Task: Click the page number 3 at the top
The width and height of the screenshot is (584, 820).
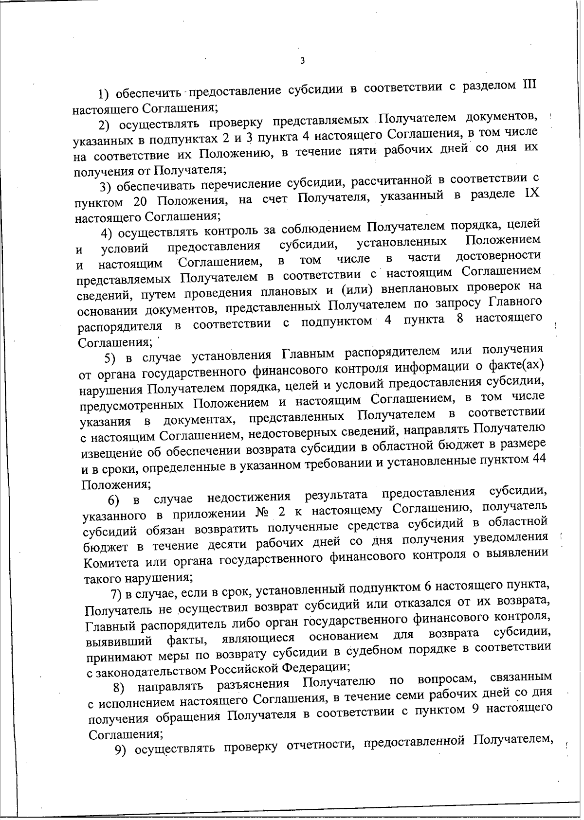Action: pyautogui.click(x=302, y=61)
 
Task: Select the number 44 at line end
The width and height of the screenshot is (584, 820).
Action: pyautogui.click(x=537, y=459)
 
